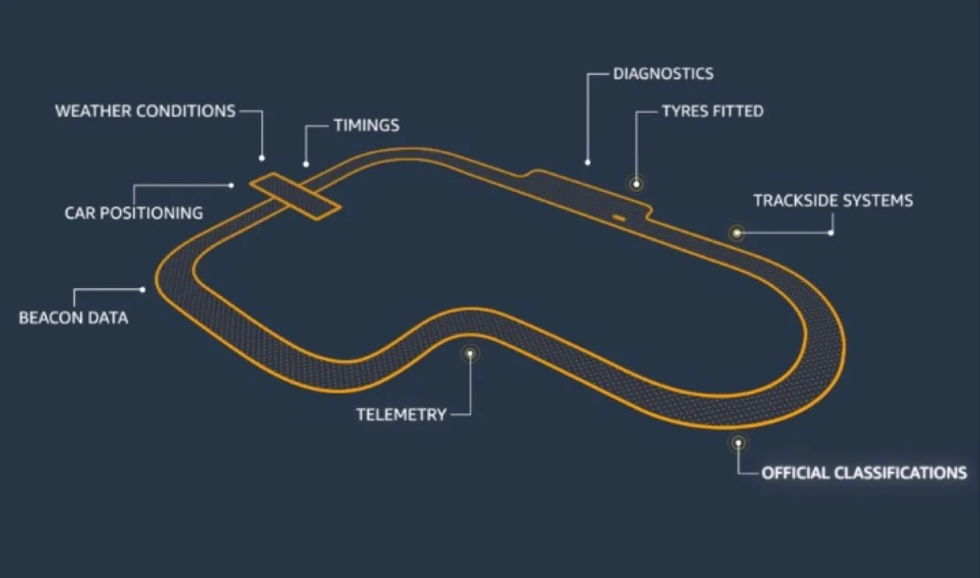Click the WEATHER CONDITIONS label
coord(145,111)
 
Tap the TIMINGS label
coord(366,126)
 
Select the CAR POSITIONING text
coord(134,213)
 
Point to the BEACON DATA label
coord(73,318)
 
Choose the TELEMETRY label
coord(401,415)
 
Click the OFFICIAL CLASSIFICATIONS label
coord(864,473)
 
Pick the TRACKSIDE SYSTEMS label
coord(833,200)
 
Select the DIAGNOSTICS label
coord(662,73)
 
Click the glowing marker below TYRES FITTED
coord(636,184)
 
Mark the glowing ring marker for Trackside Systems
coord(737,233)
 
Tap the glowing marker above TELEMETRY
coord(470,353)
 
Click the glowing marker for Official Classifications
coord(738,443)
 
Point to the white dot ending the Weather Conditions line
coord(262,158)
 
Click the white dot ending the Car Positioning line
coord(233,185)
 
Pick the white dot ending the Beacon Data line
coord(143,288)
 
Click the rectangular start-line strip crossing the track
coord(295,196)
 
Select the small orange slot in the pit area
coord(619,217)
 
